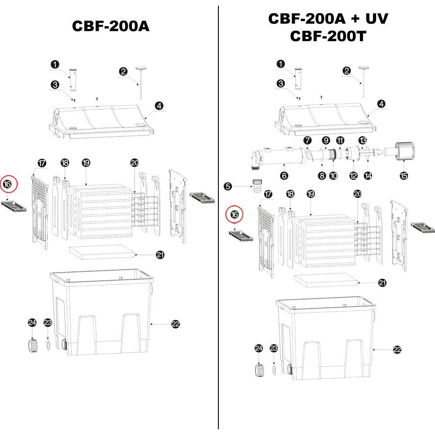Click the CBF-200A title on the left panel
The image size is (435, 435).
pos(110,26)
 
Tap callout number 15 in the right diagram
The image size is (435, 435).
pos(404,176)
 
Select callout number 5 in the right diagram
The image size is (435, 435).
pos(228,186)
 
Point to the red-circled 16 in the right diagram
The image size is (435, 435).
pos(235,214)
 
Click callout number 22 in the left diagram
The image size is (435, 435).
pos(176,324)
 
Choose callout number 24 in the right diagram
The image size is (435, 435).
pos(259,348)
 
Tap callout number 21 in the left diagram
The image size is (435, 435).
pos(160,255)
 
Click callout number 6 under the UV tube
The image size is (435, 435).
pos(284,176)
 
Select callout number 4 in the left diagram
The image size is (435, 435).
pos(159,106)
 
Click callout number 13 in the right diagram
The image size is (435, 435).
pos(362,140)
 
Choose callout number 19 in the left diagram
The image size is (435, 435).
pos(86,162)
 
